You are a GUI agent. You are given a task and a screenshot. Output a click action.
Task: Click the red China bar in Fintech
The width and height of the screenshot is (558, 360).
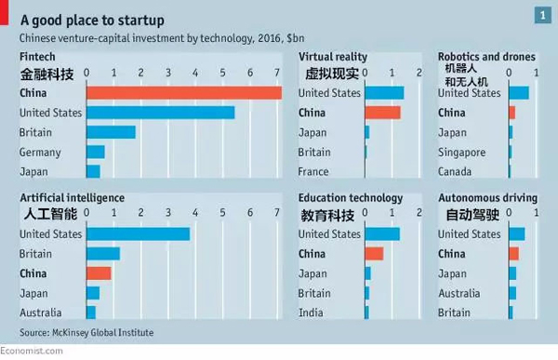pyautogui.click(x=183, y=93)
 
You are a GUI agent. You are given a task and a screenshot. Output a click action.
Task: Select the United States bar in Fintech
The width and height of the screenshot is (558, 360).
pyautogui.click(x=160, y=113)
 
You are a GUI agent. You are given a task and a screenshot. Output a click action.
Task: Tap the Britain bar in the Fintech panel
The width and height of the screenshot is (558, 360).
pyautogui.click(x=111, y=132)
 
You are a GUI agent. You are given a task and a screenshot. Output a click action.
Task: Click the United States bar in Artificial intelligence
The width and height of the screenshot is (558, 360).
pyautogui.click(x=138, y=233)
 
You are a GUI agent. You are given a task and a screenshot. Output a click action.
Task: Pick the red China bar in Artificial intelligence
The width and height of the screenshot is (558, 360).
pyautogui.click(x=99, y=273)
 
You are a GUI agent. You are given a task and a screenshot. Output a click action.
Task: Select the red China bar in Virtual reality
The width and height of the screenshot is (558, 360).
pyautogui.click(x=382, y=113)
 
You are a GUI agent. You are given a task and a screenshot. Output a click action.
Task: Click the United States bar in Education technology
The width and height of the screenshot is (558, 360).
pyautogui.click(x=382, y=233)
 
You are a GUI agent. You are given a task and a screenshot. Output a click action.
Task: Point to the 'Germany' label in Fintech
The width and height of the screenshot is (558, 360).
pyautogui.click(x=40, y=152)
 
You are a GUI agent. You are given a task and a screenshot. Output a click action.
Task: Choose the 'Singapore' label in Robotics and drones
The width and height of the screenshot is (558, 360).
pyautogui.click(x=461, y=152)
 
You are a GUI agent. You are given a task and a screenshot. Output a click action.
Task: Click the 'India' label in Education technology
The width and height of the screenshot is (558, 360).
pyautogui.click(x=312, y=313)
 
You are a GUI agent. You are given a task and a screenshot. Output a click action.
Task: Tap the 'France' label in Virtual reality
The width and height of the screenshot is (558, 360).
pyautogui.click(x=314, y=172)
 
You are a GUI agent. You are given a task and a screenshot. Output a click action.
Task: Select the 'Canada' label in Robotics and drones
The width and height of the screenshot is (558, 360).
pyautogui.click(x=456, y=172)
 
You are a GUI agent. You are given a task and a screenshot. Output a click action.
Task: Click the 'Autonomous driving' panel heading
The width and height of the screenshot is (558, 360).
pyautogui.click(x=487, y=198)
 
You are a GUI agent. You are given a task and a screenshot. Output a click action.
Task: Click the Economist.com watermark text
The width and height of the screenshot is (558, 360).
pyautogui.click(x=32, y=351)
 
